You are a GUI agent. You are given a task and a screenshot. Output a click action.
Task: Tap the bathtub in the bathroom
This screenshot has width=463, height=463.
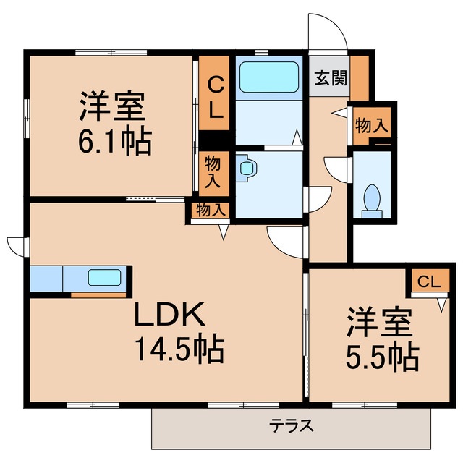pyautogui.click(x=268, y=77)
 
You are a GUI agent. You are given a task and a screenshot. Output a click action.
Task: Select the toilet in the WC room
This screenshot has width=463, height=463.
pyautogui.click(x=373, y=198)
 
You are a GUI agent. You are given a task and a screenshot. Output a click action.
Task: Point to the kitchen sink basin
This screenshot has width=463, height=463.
pyautogui.click(x=105, y=277)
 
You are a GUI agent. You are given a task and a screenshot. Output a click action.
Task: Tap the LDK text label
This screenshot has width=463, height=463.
pyautogui.click(x=171, y=315)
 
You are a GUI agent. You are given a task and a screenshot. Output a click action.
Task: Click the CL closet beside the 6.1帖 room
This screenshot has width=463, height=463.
pyautogui.click(x=215, y=93)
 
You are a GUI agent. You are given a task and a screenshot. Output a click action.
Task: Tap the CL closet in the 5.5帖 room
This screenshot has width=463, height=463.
pyautogui.click(x=428, y=282)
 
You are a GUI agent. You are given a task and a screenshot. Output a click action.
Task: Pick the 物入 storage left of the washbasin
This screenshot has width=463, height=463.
pyautogui.click(x=213, y=171)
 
